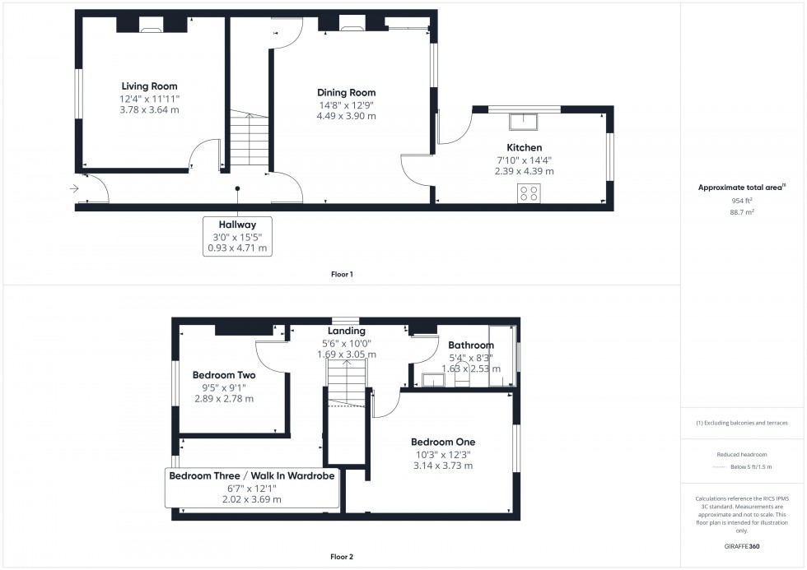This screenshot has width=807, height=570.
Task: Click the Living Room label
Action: [149, 86]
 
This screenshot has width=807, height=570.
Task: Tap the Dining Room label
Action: [346, 93]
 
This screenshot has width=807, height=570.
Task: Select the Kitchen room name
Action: [524, 148]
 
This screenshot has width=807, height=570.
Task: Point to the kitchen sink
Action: [523, 122]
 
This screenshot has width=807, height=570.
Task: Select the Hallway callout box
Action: [237, 236]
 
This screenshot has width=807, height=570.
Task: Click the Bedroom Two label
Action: [223, 375]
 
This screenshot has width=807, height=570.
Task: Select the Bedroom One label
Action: [443, 442]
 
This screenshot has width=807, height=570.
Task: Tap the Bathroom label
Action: [470, 345]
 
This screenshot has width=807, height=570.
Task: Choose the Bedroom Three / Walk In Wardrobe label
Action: [252, 476]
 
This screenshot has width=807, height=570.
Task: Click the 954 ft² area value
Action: [743, 201]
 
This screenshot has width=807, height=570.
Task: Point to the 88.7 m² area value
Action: [743, 211]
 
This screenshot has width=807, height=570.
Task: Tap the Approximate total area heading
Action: [741, 188]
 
